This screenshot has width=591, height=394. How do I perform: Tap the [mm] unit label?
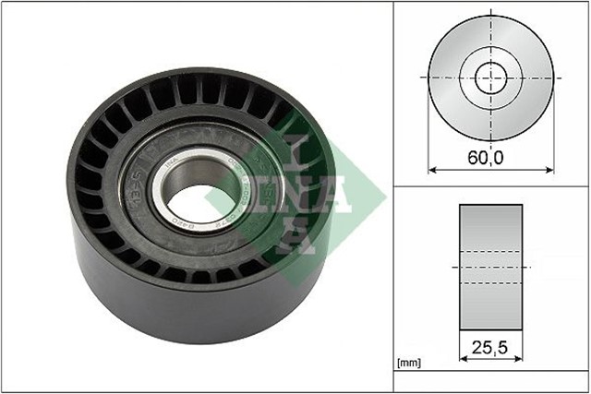(x=408, y=363)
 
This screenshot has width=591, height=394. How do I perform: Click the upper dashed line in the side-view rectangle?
(x=489, y=251)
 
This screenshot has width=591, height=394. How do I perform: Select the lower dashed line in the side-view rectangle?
(x=489, y=281)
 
